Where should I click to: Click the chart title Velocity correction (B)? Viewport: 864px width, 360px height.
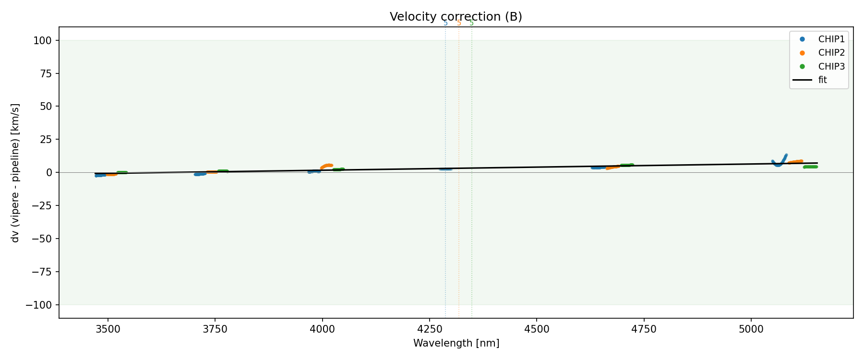456,17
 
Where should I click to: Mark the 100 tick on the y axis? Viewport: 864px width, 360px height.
45,40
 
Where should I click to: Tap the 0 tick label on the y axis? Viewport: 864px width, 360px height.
50,172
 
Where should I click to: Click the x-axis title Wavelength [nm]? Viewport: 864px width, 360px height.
456,343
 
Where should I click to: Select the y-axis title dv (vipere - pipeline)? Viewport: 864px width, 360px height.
15,173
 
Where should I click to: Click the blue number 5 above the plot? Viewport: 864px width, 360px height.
445,23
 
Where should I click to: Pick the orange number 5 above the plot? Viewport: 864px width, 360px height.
459,23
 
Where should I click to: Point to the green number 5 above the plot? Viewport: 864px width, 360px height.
471,23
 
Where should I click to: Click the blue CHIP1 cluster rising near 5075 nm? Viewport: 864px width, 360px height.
782,159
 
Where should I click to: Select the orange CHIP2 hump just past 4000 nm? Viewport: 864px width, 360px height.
327,166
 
